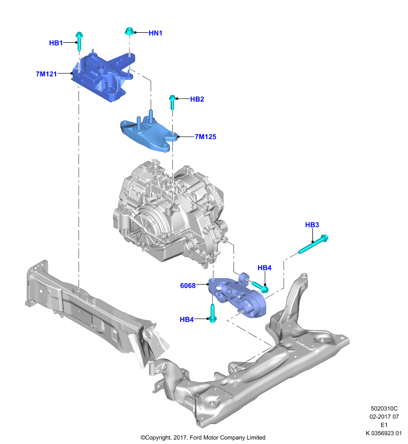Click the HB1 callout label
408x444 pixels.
[56, 43]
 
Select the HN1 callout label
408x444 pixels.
[156, 33]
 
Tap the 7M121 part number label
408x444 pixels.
[46, 74]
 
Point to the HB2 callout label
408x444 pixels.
[197, 99]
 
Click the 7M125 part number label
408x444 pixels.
[205, 137]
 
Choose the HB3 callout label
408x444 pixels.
[312, 225]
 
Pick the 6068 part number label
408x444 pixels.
[188, 286]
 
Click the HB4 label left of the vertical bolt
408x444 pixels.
[187, 320]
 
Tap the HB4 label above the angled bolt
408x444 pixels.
[264, 268]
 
